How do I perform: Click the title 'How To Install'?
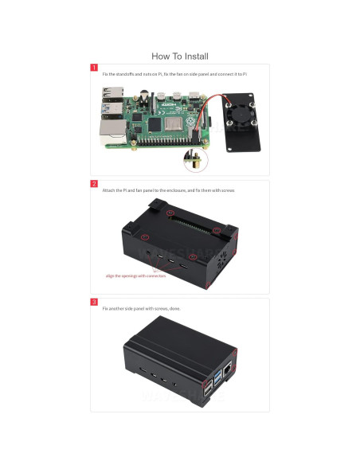[x=180, y=57]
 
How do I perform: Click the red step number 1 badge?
[x=94, y=68]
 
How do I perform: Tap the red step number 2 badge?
[x=94, y=184]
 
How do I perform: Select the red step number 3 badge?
[x=94, y=303]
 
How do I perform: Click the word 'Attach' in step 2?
[x=108, y=191]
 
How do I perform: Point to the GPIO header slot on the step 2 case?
[x=190, y=221]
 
